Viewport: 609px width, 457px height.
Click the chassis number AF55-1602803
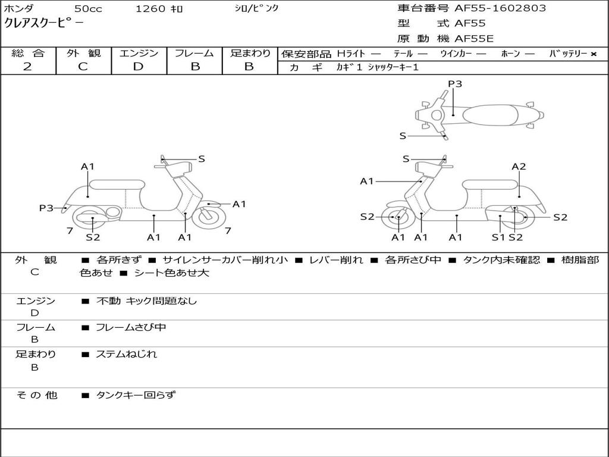click(500, 8)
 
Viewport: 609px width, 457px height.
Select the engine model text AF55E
click(474, 39)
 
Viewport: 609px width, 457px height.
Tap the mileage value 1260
click(150, 8)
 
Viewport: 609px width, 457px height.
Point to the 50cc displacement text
click(88, 8)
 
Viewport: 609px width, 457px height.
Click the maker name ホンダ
click(19, 8)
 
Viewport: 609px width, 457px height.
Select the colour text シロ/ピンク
click(256, 8)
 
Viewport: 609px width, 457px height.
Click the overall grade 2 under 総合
click(27, 67)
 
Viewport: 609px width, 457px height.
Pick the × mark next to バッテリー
click(594, 54)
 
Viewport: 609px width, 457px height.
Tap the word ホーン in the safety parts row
click(510, 54)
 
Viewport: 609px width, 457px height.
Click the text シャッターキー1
click(393, 67)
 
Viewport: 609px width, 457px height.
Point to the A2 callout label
click(519, 167)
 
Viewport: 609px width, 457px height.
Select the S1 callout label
click(498, 237)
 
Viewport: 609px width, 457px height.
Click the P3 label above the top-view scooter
click(455, 84)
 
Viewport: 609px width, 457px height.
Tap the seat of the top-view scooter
click(490, 115)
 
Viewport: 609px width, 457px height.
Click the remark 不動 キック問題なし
click(146, 301)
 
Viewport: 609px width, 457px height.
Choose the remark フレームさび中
click(131, 328)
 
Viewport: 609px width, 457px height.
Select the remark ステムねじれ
click(126, 354)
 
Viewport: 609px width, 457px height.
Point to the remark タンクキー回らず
click(136, 395)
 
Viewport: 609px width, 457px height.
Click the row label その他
click(37, 395)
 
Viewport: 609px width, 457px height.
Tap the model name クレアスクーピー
click(43, 23)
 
